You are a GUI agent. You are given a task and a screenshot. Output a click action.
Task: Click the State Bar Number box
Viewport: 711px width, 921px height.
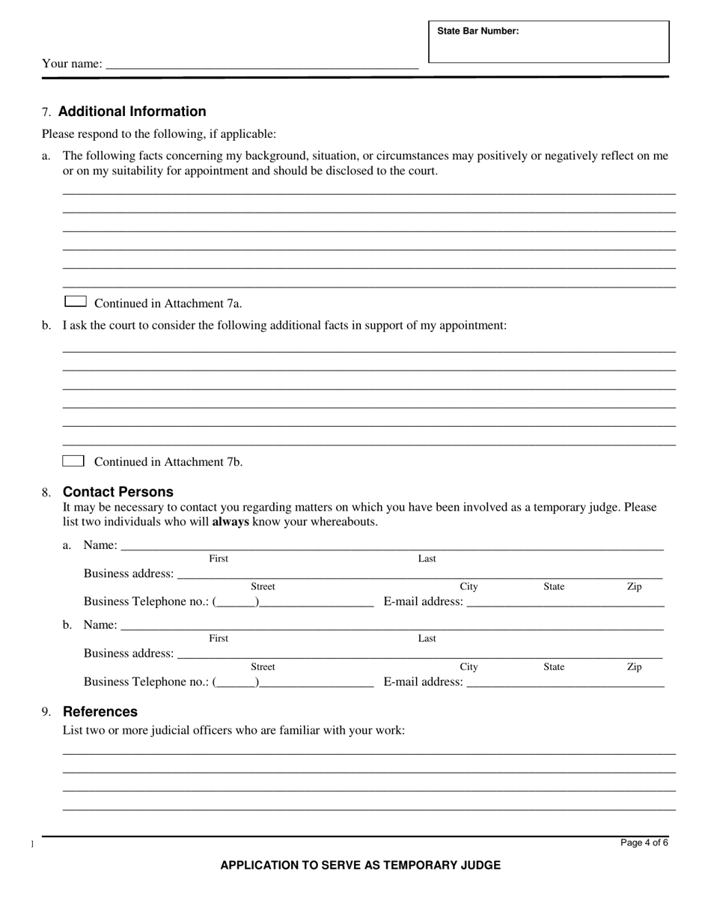[x=549, y=43]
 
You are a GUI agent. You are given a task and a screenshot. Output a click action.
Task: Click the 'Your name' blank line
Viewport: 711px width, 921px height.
[x=262, y=64]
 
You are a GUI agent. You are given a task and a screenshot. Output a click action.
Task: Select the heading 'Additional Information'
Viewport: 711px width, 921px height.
[x=132, y=112]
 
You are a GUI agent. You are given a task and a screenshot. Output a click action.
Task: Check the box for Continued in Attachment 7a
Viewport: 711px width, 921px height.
[x=75, y=302]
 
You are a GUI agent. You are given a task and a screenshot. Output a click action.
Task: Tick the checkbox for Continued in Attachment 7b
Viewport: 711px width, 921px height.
[x=73, y=460]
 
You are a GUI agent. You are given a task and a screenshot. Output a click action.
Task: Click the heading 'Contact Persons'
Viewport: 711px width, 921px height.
[x=118, y=492]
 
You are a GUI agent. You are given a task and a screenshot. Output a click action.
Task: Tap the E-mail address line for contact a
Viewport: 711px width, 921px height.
[x=565, y=601]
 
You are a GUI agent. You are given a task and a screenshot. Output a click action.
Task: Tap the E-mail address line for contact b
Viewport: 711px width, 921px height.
[x=565, y=681]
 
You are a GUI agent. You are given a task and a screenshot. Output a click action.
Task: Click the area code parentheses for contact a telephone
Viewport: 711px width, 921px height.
[x=237, y=601]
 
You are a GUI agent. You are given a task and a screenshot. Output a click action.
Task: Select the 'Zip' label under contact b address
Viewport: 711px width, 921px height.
[x=634, y=666]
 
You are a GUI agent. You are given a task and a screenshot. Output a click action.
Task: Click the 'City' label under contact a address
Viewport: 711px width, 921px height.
[x=469, y=586]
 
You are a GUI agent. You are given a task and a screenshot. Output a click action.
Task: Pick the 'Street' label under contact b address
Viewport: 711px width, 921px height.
[x=263, y=666]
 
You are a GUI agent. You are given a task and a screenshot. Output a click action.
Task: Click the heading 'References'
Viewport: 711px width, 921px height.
[x=100, y=711]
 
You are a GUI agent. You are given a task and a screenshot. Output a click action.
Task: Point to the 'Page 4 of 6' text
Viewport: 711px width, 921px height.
[x=644, y=842]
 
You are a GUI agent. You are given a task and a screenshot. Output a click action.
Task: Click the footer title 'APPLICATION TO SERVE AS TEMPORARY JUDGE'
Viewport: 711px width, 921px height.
[x=360, y=865]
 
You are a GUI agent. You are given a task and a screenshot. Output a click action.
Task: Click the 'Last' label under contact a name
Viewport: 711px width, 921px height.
[x=427, y=559]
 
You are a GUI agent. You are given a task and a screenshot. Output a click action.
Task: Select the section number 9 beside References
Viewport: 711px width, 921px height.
[x=46, y=712]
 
